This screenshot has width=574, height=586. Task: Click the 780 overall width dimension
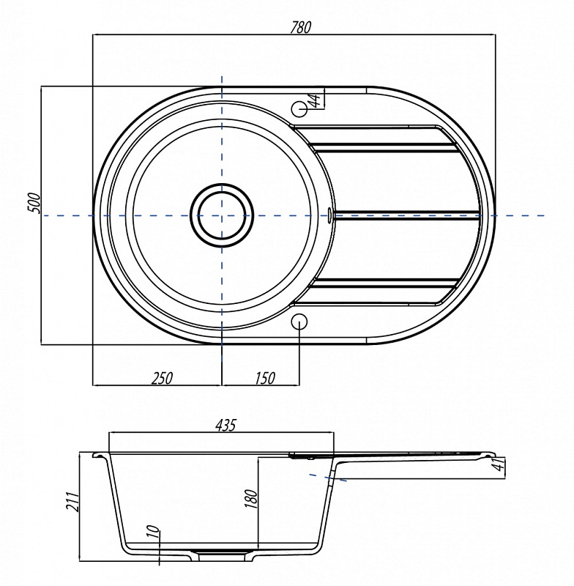[x=301, y=27]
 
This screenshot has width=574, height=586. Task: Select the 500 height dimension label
[x=34, y=203]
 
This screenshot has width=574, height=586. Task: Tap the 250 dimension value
[x=163, y=378]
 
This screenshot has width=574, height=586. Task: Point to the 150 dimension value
[x=265, y=378]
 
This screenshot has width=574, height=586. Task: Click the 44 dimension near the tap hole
[x=316, y=100]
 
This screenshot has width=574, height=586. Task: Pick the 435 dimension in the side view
[x=226, y=426]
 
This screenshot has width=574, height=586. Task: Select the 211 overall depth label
[x=72, y=501]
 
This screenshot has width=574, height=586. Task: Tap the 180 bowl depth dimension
[x=252, y=499]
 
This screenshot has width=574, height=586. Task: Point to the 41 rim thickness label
[x=499, y=464]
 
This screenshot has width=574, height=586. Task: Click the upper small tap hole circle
[x=299, y=108]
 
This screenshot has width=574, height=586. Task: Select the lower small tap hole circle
[x=299, y=322]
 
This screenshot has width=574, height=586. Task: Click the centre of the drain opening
[x=222, y=215]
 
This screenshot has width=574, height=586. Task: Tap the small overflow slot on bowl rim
[x=329, y=215]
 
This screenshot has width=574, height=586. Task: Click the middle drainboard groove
[x=407, y=215]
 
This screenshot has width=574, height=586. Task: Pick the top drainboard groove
[x=384, y=148]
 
